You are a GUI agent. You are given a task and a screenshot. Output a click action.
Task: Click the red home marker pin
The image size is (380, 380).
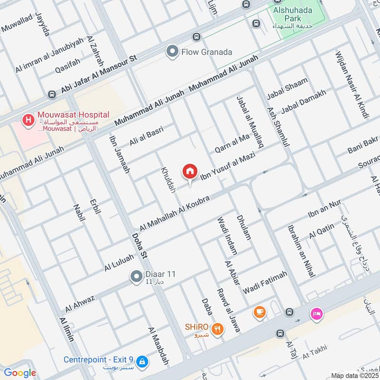coord(190,171)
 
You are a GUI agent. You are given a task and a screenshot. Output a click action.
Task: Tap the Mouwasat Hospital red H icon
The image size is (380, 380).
coord(28,120)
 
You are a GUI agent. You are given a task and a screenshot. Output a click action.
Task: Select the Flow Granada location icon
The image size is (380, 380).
coord(172,52)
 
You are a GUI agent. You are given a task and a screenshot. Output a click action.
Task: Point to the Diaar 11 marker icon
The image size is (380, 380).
coord(136,275)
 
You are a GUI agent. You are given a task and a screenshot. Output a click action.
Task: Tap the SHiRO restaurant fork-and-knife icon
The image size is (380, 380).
coord(218,329)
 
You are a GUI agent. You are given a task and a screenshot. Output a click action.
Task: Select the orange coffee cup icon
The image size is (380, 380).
coord(259,312)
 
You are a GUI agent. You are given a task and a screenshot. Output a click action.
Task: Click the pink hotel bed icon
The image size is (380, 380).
coord(317,313)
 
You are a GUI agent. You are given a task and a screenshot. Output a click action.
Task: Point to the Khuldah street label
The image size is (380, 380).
coord(168,179)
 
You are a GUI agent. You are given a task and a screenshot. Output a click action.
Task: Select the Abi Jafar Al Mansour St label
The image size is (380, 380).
coord(98,75)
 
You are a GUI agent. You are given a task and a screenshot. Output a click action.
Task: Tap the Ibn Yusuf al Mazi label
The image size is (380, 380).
coord(228,164)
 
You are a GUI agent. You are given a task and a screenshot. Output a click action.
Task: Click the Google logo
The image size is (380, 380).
coord(19,373)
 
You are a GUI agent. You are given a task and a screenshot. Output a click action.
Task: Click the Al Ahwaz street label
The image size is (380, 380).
coord(80,304)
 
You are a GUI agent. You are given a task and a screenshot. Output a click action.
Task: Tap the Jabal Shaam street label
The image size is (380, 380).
coord(287,89)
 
